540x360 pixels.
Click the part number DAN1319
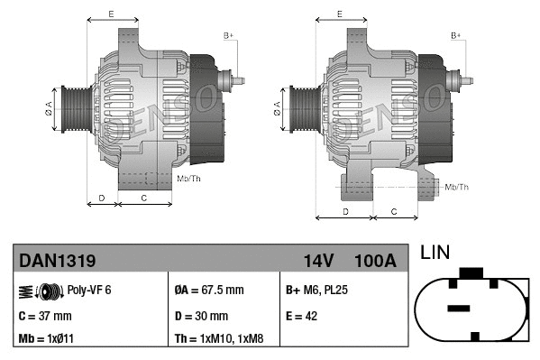point(58,261)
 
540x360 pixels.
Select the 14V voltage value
point(318,261)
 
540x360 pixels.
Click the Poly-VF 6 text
point(89,291)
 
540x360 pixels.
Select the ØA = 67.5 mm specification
point(208,291)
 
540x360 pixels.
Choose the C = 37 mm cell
point(45,316)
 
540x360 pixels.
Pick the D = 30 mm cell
point(200,316)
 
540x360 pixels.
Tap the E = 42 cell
point(304,316)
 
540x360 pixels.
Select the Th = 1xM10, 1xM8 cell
point(220,339)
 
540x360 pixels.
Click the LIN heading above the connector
point(435,253)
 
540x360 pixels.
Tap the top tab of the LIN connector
point(470,272)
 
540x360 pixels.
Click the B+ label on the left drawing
point(228,35)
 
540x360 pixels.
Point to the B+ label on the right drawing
point(456,35)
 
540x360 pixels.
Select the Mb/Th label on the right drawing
point(457,187)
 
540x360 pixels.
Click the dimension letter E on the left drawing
point(111,14)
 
